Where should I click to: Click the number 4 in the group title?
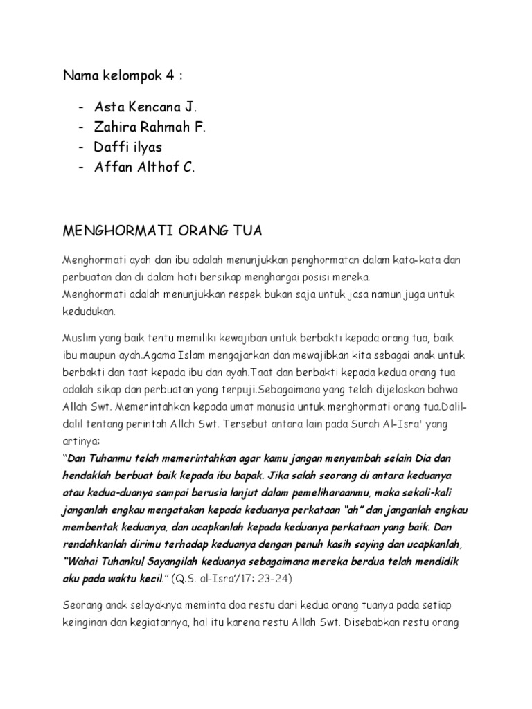click(x=168, y=75)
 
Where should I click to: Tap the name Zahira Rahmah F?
click(x=150, y=127)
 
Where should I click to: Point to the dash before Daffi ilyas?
click(x=82, y=147)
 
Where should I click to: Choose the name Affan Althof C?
click(x=145, y=166)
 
